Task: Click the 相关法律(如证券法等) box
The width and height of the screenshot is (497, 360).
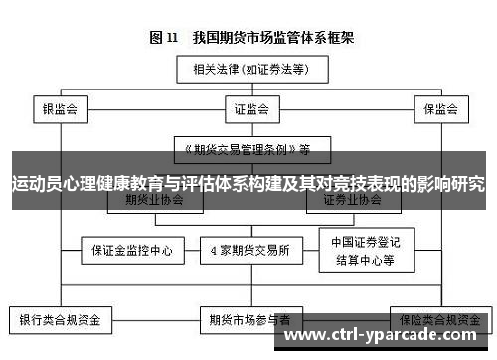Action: pyautogui.click(x=248, y=71)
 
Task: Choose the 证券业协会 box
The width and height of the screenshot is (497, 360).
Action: pyautogui.click(x=352, y=200)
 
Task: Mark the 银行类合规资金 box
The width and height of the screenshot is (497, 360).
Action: pyautogui.click(x=61, y=321)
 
